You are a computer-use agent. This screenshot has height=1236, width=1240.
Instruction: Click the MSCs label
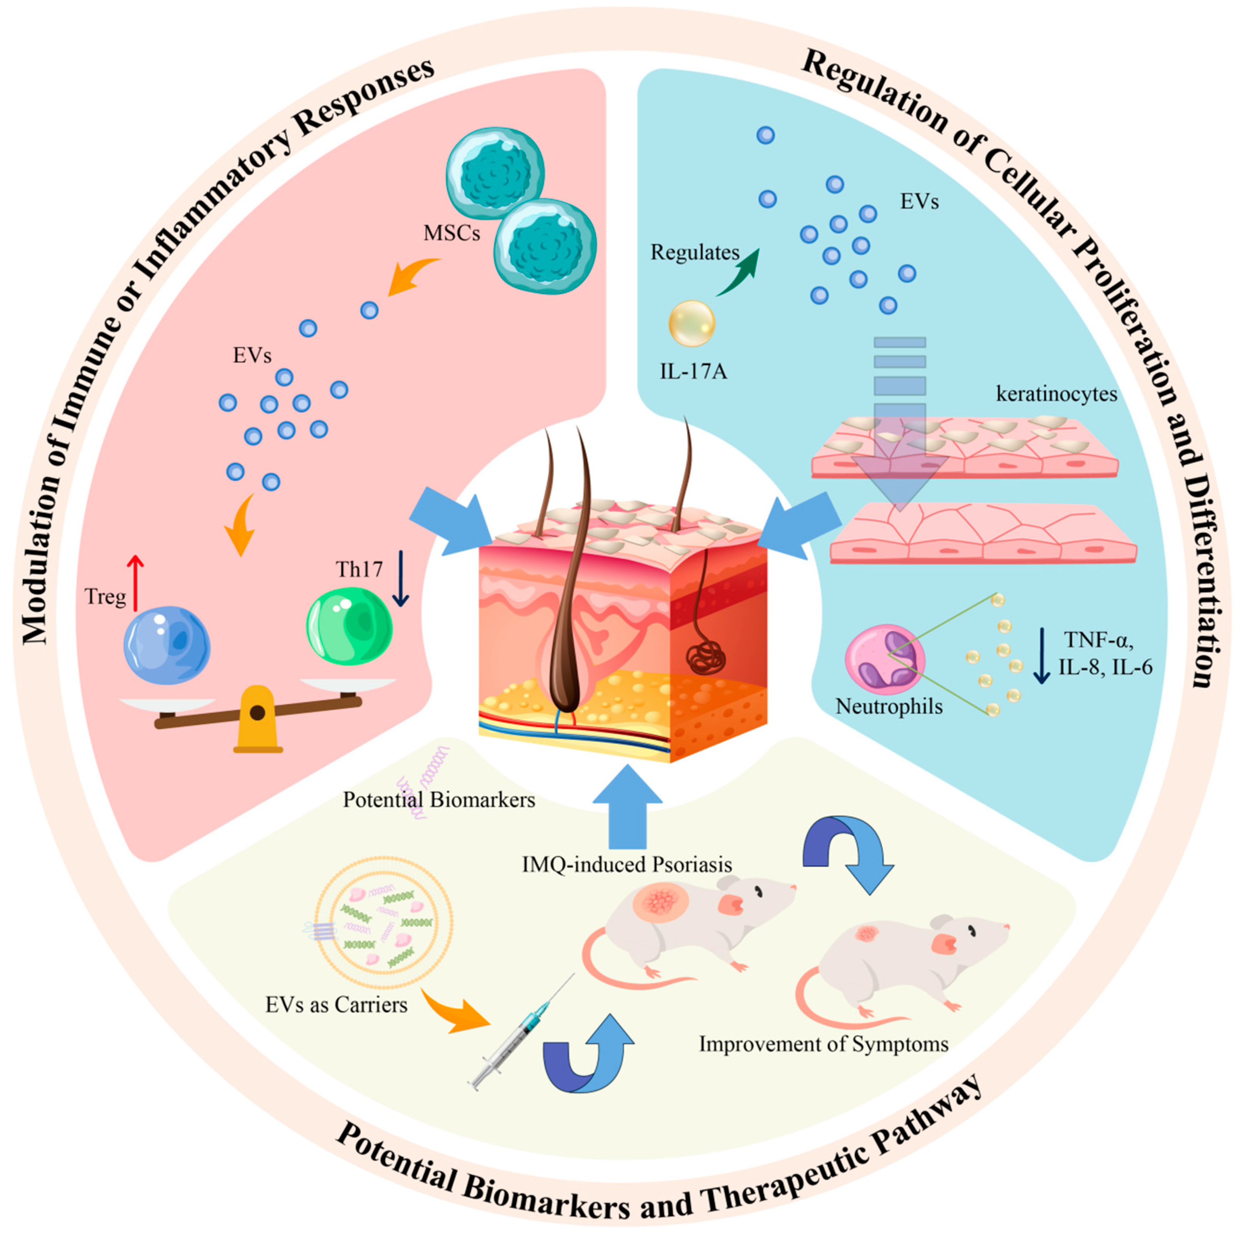tap(451, 233)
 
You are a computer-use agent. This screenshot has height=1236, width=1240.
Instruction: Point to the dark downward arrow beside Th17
tap(401, 578)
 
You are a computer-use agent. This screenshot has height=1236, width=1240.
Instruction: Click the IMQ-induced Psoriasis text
tap(627, 864)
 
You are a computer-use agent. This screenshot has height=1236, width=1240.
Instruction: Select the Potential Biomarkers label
tap(438, 800)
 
